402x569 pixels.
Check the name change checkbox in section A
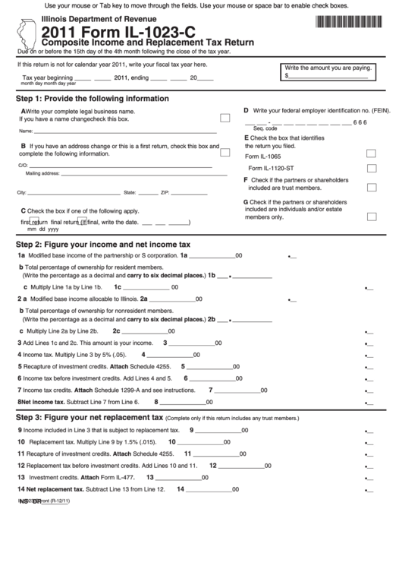[225, 119]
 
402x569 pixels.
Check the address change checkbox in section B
[225, 149]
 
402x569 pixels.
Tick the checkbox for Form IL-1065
[372, 154]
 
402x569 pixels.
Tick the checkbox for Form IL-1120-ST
[372, 169]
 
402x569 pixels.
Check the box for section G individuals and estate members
[372, 216]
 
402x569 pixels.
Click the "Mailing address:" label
[42, 173]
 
